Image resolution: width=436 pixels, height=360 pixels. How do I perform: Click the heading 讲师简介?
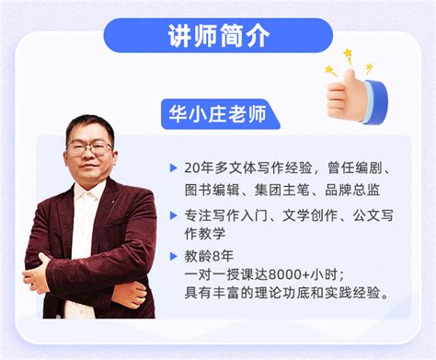tap(218, 36)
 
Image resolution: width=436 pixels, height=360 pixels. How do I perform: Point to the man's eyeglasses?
tap(89, 147)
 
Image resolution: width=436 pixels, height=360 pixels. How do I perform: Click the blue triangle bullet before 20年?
tap(174, 168)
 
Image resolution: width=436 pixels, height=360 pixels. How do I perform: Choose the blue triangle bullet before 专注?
tap(174, 215)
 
